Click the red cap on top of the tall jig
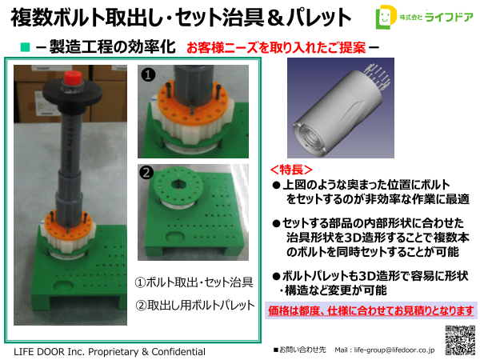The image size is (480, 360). [x=72, y=78]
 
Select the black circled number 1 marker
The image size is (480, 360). [x=146, y=75]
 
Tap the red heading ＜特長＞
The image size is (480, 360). [x=291, y=169]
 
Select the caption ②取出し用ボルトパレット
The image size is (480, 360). [x=195, y=305]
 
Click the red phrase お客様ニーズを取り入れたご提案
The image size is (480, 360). [x=276, y=47]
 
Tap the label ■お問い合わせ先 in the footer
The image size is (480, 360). [x=300, y=350]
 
